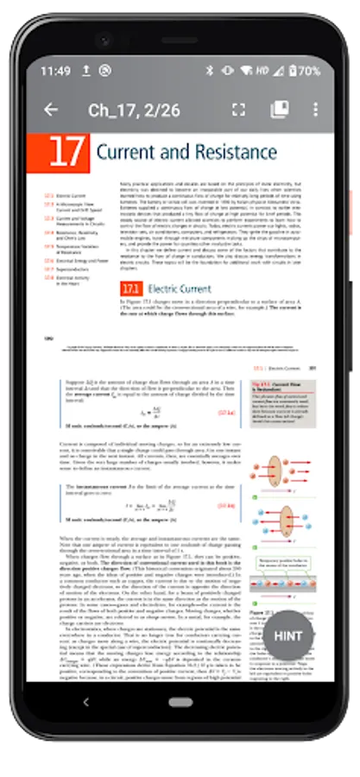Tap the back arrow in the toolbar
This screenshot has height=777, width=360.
click(51, 110)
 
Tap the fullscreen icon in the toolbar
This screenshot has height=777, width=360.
click(239, 110)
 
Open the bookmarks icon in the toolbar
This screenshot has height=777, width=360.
click(279, 110)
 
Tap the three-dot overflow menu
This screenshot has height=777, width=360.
click(315, 110)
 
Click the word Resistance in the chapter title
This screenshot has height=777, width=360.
click(226, 154)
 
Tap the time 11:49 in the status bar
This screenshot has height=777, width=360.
click(55, 71)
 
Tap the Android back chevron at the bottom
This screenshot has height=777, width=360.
click(85, 702)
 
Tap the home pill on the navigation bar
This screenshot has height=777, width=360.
click(180, 702)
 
